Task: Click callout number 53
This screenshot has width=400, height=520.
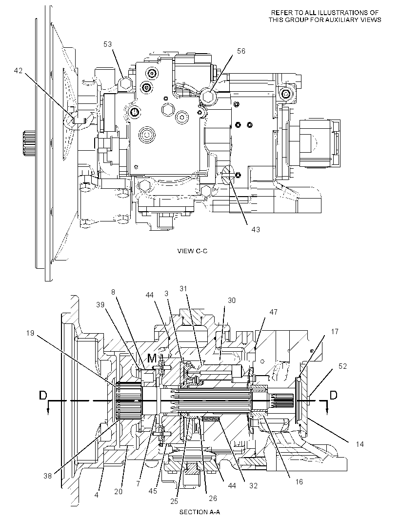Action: [107, 44]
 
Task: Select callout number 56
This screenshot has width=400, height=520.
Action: [241, 51]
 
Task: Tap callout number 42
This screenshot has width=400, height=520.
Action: [18, 70]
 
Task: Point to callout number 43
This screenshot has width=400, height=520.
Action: [256, 229]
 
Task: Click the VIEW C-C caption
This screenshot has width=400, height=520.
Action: [192, 251]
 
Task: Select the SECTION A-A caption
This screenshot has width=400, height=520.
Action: [200, 512]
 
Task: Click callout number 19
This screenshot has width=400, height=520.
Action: [30, 333]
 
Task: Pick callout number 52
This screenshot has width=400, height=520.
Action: [342, 366]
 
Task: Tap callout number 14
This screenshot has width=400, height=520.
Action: [360, 444]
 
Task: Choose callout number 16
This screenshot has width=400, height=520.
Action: [299, 481]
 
